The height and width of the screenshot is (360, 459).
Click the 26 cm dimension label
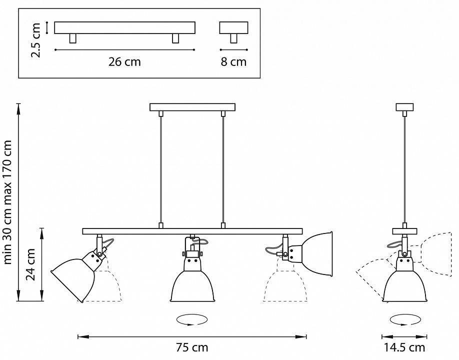124,62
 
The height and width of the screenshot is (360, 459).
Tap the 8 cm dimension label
234,62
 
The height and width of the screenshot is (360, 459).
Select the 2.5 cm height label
35,39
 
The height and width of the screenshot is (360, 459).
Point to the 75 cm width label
192,347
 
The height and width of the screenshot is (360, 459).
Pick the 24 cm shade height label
31,265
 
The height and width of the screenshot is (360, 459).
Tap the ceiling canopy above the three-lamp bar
192,107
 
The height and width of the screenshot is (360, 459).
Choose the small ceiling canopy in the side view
404,107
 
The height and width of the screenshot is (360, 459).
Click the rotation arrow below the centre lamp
192,319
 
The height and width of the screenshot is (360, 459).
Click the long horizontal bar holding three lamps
192,231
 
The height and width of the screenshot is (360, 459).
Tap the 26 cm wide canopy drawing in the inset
124,28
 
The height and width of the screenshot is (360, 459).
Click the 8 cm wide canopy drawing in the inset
233,28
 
